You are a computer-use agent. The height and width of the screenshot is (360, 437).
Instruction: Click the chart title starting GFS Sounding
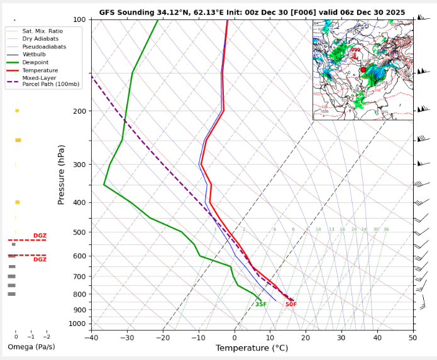click(x=252, y=12)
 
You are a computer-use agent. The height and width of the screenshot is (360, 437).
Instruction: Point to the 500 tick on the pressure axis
click(x=79, y=232)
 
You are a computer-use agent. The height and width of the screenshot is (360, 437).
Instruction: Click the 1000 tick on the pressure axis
click(x=77, y=324)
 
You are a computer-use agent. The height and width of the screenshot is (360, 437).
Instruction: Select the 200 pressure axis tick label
click(x=79, y=111)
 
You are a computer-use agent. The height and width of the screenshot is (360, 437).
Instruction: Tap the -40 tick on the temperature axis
click(x=91, y=337)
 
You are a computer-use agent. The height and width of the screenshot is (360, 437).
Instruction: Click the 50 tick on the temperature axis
click(x=413, y=337)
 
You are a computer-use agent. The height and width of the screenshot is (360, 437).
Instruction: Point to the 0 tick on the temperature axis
click(x=235, y=337)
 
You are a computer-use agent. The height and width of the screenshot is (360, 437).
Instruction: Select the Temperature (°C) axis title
click(x=252, y=348)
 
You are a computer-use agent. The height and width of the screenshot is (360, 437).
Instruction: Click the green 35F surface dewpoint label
click(x=261, y=305)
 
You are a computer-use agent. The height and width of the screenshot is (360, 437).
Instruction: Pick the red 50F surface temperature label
click(x=291, y=305)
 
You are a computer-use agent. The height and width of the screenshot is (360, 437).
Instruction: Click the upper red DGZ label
click(x=40, y=236)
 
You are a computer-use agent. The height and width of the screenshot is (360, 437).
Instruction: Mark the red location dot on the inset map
click(x=363, y=70)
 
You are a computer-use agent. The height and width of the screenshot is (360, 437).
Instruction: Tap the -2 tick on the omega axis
click(x=46, y=337)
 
